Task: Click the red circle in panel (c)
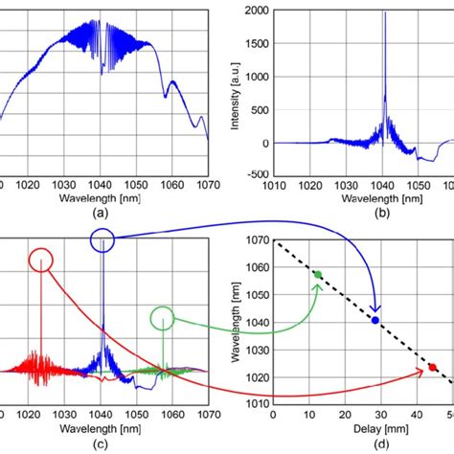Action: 41,259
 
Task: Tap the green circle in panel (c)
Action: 163,318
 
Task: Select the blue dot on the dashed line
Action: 375,320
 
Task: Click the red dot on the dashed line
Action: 432,367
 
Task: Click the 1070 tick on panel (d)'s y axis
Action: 256,242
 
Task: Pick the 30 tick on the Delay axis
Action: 380,415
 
